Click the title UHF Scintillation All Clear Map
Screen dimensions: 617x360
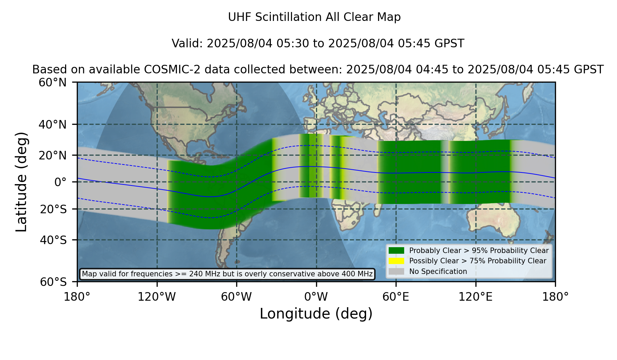point(314,17)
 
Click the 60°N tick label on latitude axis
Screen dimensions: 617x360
point(52,83)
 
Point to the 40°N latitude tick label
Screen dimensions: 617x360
point(52,124)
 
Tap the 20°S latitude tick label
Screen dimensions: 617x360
point(53,209)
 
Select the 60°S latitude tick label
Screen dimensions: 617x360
point(53,282)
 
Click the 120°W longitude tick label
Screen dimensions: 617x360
point(157,297)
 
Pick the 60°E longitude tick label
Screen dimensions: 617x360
point(396,297)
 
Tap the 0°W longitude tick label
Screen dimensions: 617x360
point(316,297)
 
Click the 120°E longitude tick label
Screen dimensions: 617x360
point(475,297)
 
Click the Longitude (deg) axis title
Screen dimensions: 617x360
point(316,314)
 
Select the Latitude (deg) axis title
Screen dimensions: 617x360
point(22,182)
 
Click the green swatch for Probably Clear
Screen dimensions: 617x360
point(397,251)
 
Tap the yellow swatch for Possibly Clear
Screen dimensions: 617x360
point(397,261)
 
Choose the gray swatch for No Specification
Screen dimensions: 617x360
point(397,272)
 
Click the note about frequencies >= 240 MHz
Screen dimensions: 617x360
point(227,274)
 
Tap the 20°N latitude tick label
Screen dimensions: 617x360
point(52,155)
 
